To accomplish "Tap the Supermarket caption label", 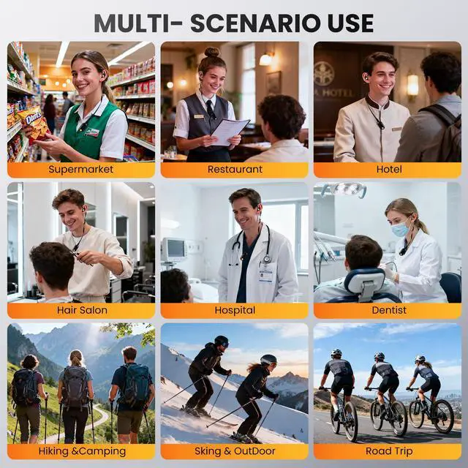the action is pyautogui.click(x=81, y=169).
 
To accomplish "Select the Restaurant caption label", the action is pyautogui.click(x=235, y=169).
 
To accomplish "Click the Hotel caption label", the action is pyautogui.click(x=389, y=169).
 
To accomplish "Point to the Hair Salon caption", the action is pyautogui.click(x=82, y=310).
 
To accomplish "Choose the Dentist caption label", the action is pyautogui.click(x=389, y=310).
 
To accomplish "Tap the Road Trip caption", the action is pyautogui.click(x=389, y=451).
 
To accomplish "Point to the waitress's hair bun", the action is pyautogui.click(x=212, y=52).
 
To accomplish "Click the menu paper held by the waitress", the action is pyautogui.click(x=230, y=132).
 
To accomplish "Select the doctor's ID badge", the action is pyautogui.click(x=266, y=272).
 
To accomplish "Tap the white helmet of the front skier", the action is pyautogui.click(x=268, y=359).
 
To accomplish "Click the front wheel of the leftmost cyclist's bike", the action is pyautogui.click(x=351, y=421).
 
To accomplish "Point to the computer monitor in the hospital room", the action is pyautogui.click(x=173, y=249).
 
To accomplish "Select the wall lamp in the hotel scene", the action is pyautogui.click(x=412, y=85).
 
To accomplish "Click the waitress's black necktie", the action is pyautogui.click(x=210, y=110).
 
